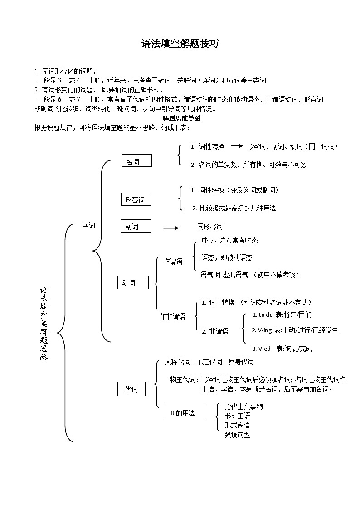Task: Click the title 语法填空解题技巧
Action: click(180, 44)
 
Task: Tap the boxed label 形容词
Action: click(136, 199)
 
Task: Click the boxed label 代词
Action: click(131, 389)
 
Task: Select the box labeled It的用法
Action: click(185, 413)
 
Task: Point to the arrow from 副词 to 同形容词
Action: click(171, 228)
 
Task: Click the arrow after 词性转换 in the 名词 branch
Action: click(237, 146)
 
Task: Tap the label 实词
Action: click(89, 225)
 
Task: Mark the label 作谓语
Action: click(173, 262)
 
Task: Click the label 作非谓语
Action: click(173, 317)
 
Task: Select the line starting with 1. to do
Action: click(282, 315)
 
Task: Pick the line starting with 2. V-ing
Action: click(295, 330)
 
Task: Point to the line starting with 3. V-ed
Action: click(282, 349)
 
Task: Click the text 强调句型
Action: click(237, 435)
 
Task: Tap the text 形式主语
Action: click(237, 416)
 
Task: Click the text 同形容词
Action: click(210, 227)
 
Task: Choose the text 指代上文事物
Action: click(243, 407)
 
